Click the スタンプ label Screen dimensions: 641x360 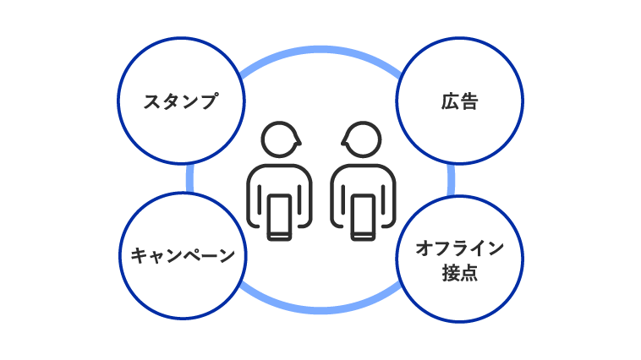[x=181, y=101]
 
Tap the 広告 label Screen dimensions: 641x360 [x=459, y=101]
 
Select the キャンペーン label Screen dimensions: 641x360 [x=183, y=255]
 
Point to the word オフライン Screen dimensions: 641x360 [x=459, y=248]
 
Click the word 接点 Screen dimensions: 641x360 [x=459, y=273]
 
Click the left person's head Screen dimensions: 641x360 [x=281, y=139]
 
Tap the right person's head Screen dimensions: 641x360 [x=361, y=139]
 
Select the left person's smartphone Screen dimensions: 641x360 [x=279, y=217]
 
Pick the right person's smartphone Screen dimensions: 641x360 [x=363, y=217]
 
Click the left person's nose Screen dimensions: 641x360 [x=299, y=142]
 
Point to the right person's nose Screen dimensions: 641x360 [x=343, y=142]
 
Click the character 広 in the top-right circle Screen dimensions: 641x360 [x=450, y=101]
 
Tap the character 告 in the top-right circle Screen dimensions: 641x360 [x=468, y=101]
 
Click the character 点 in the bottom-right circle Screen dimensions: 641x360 [x=468, y=273]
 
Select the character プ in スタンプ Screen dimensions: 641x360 [x=209, y=101]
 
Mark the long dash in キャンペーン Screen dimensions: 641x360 [x=207, y=256]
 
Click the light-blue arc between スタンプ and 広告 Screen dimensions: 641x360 [x=320, y=50]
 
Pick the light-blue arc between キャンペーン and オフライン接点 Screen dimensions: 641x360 [x=320, y=310]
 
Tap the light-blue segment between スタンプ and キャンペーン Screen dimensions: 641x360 [x=189, y=178]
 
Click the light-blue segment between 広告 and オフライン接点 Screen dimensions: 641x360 [x=451, y=180]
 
